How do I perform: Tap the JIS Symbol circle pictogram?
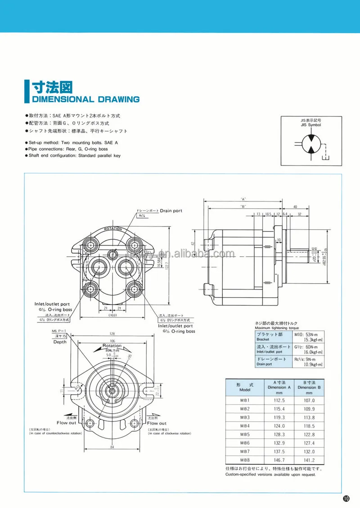point(311,144)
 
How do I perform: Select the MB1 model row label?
point(245,400)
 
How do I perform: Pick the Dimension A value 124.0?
point(279,426)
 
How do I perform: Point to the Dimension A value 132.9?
point(279,443)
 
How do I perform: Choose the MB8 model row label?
point(245,460)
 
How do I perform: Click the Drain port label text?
point(171,210)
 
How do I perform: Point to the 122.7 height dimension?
point(167,264)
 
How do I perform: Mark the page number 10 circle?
point(346,498)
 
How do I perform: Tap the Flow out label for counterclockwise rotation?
point(66,423)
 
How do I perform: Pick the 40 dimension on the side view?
point(295,207)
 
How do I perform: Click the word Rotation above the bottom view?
point(109,346)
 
